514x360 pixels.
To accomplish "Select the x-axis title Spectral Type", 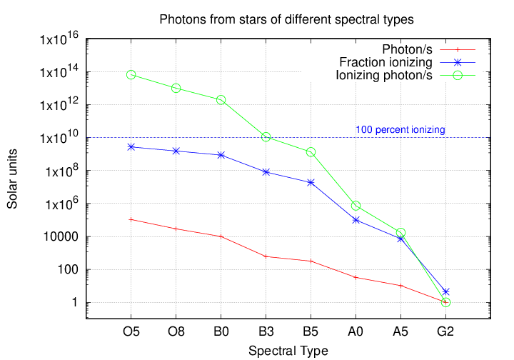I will (x=288, y=350).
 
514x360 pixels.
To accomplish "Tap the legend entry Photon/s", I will (x=407, y=49).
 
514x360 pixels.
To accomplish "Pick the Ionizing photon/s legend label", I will (x=383, y=75).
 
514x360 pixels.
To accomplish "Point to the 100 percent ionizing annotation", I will (x=400, y=130).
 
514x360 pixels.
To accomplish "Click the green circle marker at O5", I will (x=131, y=75).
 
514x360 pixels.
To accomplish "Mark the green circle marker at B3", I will (x=266, y=136).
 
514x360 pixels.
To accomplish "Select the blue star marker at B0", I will (x=221, y=155).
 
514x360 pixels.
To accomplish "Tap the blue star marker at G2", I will (x=445, y=291).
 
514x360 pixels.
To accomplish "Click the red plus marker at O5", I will (x=131, y=219).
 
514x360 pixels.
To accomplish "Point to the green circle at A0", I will (x=356, y=206).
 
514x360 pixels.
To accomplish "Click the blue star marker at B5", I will (x=311, y=182).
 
